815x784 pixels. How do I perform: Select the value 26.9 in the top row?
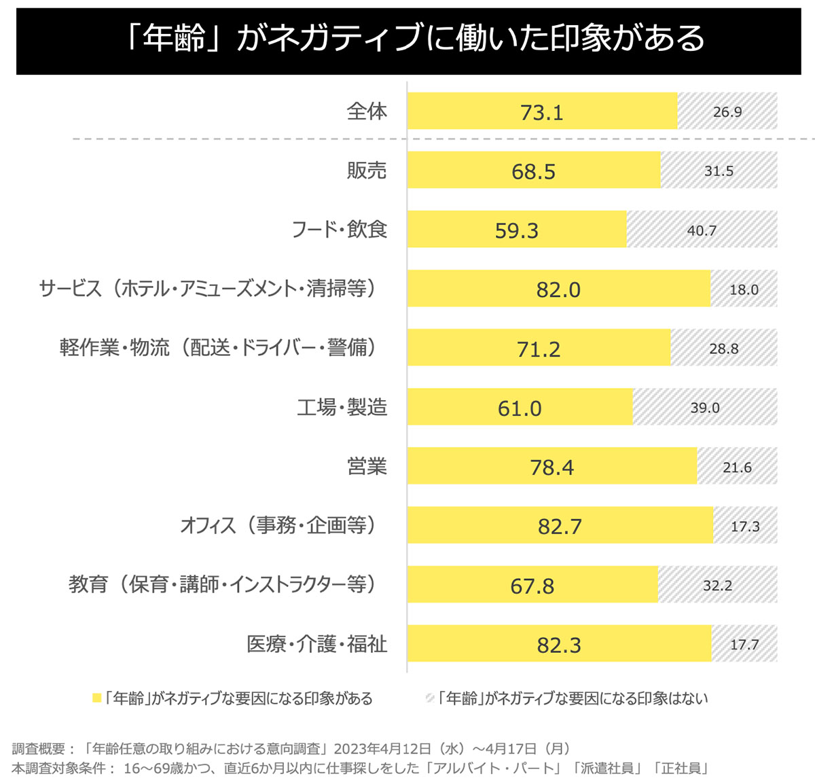coord(727,112)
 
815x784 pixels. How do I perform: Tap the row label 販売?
coord(367,171)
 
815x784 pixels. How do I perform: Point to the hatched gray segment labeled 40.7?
coord(702,230)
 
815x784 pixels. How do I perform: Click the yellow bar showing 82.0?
coord(558,289)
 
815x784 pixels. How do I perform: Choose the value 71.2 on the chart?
coord(539,349)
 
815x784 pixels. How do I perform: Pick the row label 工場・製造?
coord(342,408)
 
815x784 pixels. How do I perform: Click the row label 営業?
coord(367,467)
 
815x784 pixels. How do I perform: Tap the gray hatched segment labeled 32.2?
coord(717,586)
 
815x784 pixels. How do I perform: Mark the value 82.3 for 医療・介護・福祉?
coord(559,645)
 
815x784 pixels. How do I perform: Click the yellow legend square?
coord(97,698)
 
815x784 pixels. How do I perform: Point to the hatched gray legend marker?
coord(430,698)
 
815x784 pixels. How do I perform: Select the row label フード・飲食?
coord(339,230)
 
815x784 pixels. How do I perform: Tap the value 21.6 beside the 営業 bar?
coord(737,467)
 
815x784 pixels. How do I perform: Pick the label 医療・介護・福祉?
coord(316,644)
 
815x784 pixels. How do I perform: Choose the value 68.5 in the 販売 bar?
coord(533,171)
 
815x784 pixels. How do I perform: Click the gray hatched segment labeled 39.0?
coord(705,408)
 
